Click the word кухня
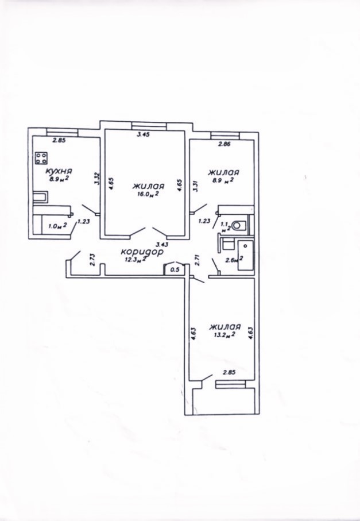59,171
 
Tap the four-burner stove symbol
41,158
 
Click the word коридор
142,252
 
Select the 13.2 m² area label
224,335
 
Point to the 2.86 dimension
224,144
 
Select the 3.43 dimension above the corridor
162,244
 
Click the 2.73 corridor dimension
92,259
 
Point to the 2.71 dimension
197,260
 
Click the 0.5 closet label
175,269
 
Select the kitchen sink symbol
40,196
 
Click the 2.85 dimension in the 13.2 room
229,372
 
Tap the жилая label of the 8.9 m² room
223,173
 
